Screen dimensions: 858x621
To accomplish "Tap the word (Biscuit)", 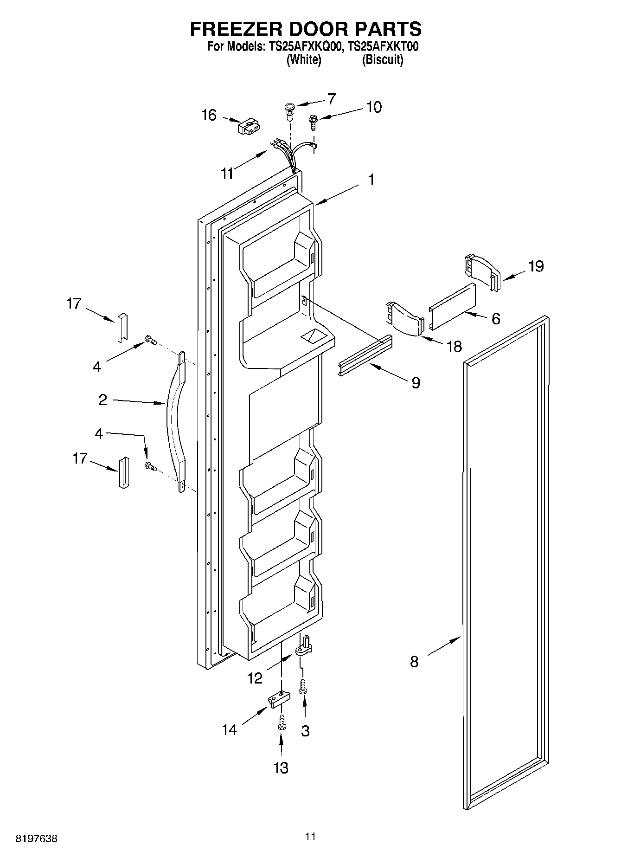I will point(382,59).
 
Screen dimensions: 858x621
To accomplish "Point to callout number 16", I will point(209,115).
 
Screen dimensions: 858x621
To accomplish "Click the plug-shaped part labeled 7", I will point(290,110).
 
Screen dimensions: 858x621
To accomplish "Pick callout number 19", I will point(536,266).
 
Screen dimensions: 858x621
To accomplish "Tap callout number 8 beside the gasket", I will point(414,661).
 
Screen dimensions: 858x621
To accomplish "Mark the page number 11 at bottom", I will point(310,837).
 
